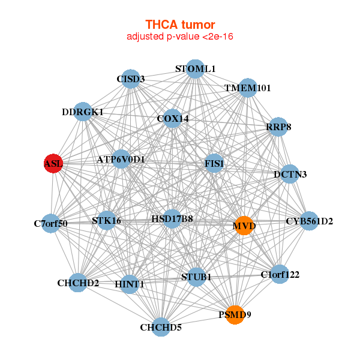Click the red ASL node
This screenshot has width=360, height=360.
[53, 163]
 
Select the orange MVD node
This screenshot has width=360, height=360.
[244, 226]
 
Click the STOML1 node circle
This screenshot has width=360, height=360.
[194, 69]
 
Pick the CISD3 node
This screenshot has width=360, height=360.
[131, 79]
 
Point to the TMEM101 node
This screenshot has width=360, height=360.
[248, 88]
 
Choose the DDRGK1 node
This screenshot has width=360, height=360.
[83, 112]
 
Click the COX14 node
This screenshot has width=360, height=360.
[173, 119]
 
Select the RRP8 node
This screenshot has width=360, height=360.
[278, 127]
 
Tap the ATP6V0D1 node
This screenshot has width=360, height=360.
[121, 160]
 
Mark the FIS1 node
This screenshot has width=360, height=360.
[214, 163]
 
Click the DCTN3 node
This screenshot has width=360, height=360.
[290, 175]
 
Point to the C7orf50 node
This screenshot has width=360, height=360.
[51, 224]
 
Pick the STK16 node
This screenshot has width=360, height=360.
[107, 221]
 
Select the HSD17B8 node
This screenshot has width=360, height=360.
[172, 219]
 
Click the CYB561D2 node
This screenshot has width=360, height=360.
[309, 221]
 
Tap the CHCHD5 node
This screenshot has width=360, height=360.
[161, 327]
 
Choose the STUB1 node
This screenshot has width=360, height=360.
[196, 277]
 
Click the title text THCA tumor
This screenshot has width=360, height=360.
[180, 25]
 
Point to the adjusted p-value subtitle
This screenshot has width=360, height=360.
[180, 37]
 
